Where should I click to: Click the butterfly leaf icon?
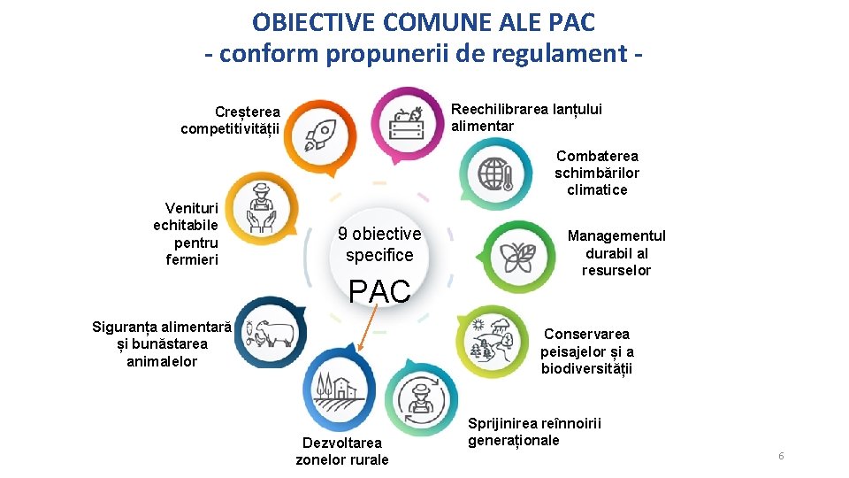(x=517, y=257)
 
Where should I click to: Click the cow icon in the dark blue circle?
(x=272, y=332)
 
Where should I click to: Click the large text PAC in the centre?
(x=379, y=291)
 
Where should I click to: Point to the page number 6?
(x=781, y=456)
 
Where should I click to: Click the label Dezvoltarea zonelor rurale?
(x=342, y=451)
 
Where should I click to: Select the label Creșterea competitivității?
(x=230, y=120)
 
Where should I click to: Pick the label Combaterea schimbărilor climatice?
(x=597, y=173)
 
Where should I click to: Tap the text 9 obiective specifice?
(x=379, y=244)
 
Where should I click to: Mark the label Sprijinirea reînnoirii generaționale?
(x=534, y=431)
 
